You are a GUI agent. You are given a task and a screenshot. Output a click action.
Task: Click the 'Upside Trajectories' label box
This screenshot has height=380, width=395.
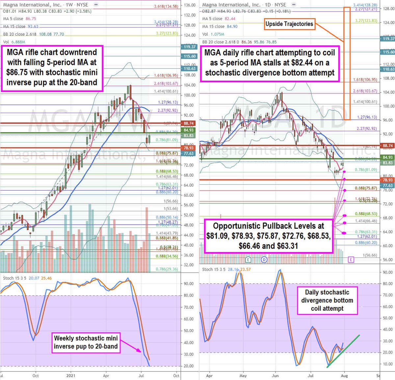289,24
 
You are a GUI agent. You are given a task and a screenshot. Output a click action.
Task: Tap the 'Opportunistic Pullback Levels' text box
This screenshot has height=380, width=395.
268,236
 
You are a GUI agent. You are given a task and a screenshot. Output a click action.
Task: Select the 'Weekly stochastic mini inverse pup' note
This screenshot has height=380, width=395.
86,342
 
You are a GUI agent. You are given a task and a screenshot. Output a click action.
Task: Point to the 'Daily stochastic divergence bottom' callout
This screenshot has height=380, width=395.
327,300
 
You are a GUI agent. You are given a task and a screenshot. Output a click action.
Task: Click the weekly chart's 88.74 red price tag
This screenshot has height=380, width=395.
189,123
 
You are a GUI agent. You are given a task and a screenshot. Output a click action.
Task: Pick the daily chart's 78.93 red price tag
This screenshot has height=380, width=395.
388,180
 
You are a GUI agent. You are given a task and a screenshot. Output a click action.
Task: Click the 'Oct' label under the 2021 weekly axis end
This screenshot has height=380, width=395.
176,375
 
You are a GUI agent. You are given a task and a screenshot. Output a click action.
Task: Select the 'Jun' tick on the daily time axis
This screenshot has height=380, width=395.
275,375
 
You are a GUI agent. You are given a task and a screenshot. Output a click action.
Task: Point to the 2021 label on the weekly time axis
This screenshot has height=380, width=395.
71,375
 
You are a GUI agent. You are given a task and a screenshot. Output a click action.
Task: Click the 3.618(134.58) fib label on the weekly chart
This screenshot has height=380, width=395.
166,6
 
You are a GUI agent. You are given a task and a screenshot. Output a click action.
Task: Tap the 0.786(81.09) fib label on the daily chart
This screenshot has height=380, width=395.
366,170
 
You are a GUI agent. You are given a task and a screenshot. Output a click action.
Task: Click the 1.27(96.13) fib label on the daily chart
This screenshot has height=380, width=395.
367,117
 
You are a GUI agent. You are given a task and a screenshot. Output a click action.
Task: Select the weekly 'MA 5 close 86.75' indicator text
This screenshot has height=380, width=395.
20,19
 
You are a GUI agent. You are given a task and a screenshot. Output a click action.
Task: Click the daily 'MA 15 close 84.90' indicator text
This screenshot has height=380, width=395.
220,26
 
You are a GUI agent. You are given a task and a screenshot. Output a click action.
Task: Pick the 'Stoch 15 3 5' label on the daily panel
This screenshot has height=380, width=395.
214,269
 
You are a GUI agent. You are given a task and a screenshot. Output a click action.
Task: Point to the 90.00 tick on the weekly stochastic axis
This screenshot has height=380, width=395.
188,284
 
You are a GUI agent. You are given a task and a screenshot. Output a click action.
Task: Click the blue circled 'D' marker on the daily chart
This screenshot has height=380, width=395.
264,260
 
